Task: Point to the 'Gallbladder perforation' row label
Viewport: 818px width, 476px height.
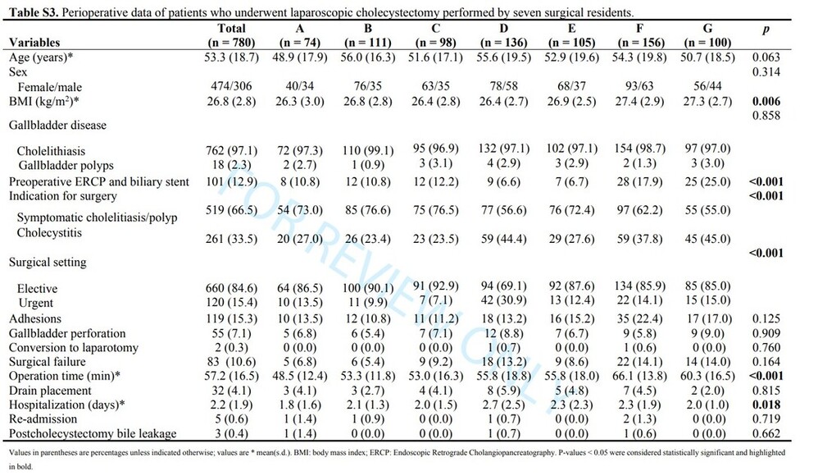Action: click(x=67, y=333)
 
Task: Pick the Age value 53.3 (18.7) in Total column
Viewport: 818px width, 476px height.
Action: click(x=233, y=57)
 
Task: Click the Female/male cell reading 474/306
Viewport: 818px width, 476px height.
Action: click(x=233, y=86)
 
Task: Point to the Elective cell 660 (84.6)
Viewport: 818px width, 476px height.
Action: click(x=233, y=290)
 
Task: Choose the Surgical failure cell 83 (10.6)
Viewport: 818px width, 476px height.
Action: click(x=233, y=362)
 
